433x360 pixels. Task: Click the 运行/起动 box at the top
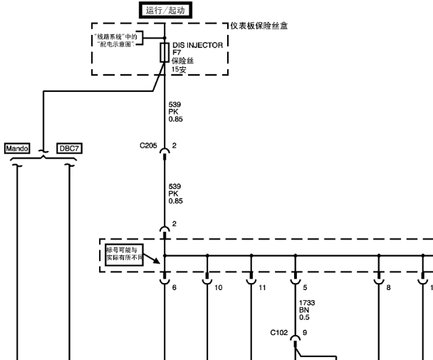pyautogui.click(x=165, y=10)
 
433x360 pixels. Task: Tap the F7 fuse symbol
pyautogui.click(x=165, y=53)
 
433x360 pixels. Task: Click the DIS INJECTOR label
pyautogui.click(x=198, y=46)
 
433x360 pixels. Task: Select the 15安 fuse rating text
pyautogui.click(x=179, y=69)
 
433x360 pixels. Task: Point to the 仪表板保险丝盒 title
pyautogui.click(x=259, y=26)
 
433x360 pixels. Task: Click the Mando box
pyautogui.click(x=17, y=148)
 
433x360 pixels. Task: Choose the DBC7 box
pyautogui.click(x=69, y=148)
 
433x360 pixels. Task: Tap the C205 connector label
pyautogui.click(x=148, y=145)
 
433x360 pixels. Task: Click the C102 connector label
pyautogui.click(x=279, y=332)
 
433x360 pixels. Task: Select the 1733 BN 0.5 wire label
pyautogui.click(x=307, y=310)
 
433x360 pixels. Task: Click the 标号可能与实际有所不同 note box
pyautogui.click(x=124, y=254)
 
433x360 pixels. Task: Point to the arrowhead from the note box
pyautogui.click(x=157, y=261)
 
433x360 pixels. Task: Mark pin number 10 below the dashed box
pyautogui.click(x=219, y=287)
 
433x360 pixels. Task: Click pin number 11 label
pyautogui.click(x=262, y=287)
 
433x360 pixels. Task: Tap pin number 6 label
pyautogui.click(x=174, y=287)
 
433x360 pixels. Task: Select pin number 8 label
pyautogui.click(x=389, y=287)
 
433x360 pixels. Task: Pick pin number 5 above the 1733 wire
pyautogui.click(x=305, y=287)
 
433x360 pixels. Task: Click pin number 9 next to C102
pyautogui.click(x=305, y=332)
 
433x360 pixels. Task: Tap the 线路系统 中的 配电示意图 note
pyautogui.click(x=115, y=41)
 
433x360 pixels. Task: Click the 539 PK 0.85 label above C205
pyautogui.click(x=176, y=112)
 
